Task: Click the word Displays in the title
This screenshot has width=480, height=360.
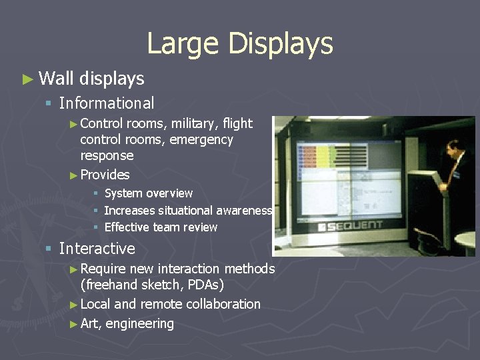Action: tap(280, 44)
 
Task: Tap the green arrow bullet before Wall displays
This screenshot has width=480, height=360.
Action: tap(27, 79)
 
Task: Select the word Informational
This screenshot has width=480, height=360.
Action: tap(107, 103)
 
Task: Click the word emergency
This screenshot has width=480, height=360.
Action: tap(201, 139)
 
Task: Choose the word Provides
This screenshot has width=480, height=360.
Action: tap(105, 175)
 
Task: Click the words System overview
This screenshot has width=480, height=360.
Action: tap(149, 193)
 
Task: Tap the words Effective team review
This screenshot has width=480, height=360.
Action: tap(161, 227)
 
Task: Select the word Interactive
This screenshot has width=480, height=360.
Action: tap(97, 249)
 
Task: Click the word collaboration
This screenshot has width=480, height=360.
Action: tap(223, 304)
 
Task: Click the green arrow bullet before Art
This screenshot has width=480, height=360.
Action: tap(73, 324)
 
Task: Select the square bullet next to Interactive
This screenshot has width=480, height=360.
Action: tap(48, 249)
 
